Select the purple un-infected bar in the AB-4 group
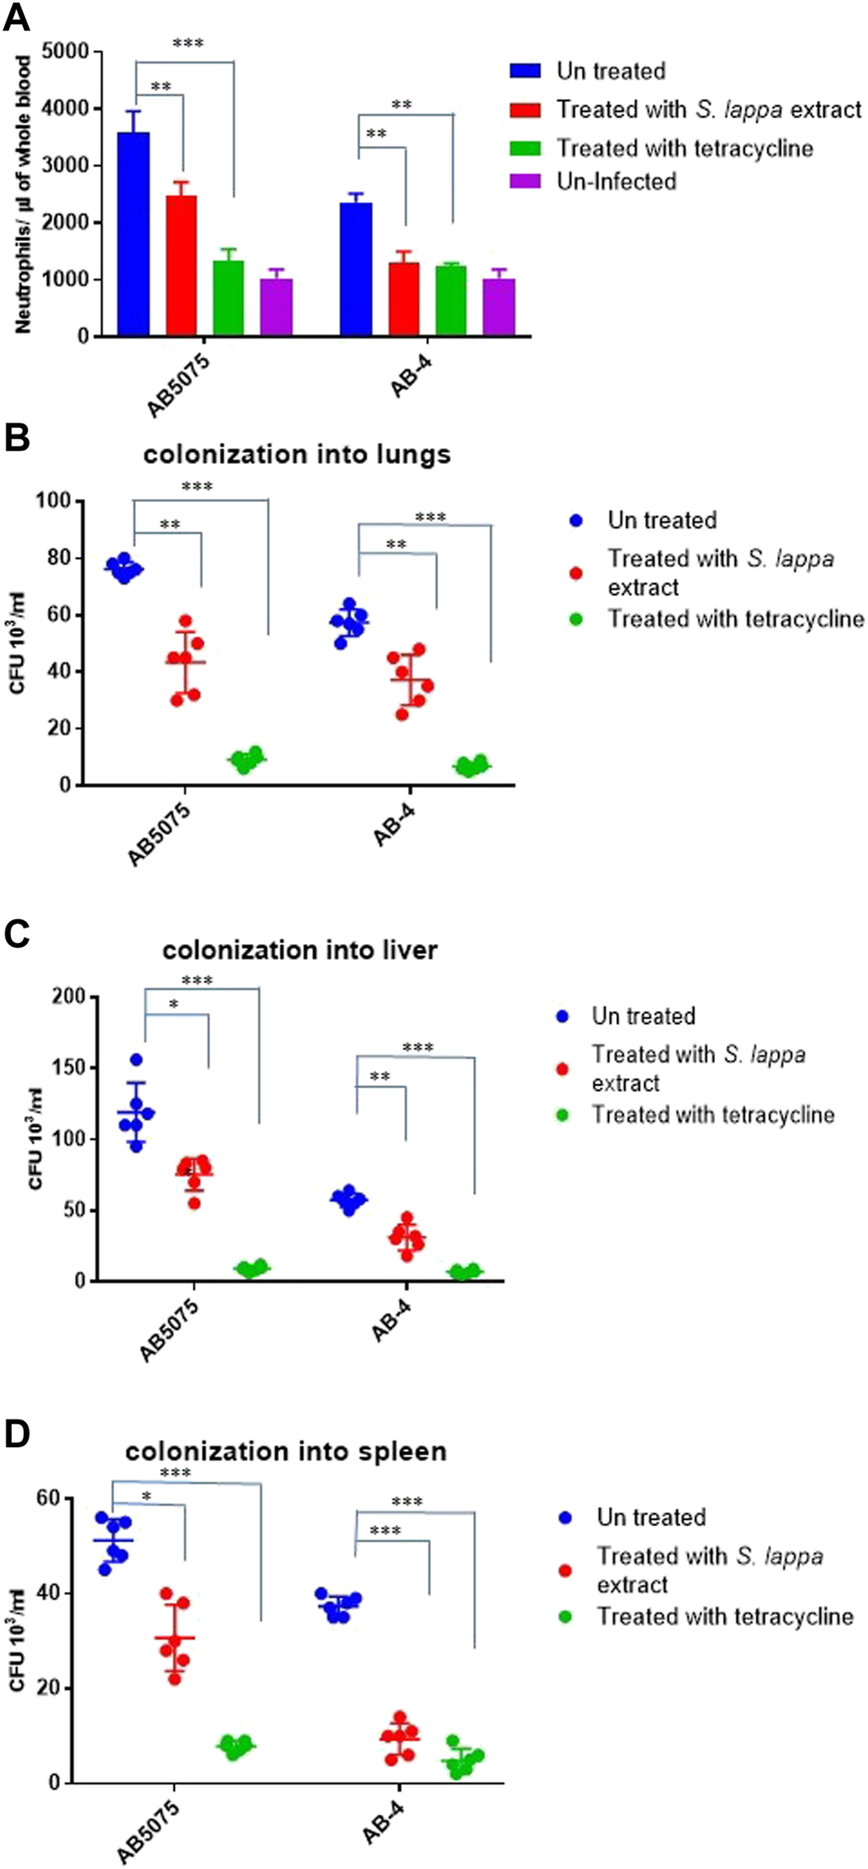(498, 307)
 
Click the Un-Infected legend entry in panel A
(615, 181)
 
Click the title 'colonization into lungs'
(296, 454)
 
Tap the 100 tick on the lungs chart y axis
(54, 500)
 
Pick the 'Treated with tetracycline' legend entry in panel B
(735, 618)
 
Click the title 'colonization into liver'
(299, 950)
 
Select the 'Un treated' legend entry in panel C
(643, 1016)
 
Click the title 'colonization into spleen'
(285, 1450)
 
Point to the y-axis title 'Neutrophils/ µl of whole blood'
(23, 195)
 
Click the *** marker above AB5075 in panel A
(187, 43)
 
